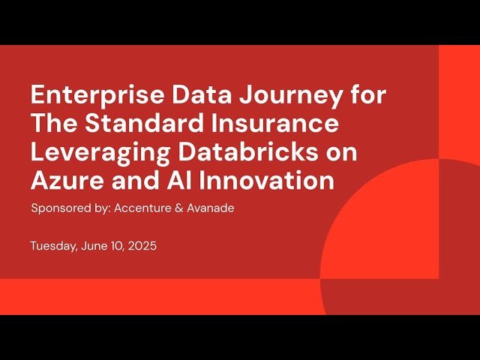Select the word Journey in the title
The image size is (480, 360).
pyautogui.click(x=268, y=95)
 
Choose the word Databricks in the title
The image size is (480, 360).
pyautogui.click(x=245, y=151)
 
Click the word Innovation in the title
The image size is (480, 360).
pyautogui.click(x=264, y=179)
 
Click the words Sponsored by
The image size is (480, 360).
pyautogui.click(x=70, y=208)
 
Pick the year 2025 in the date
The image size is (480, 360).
pyautogui.click(x=141, y=246)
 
